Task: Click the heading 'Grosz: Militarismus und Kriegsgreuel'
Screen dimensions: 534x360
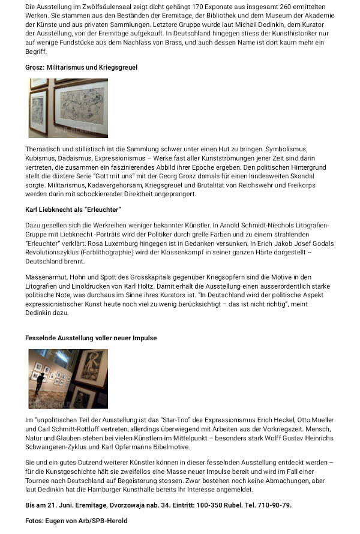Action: (x=82, y=67)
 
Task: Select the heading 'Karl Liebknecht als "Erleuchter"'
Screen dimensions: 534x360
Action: (x=73, y=209)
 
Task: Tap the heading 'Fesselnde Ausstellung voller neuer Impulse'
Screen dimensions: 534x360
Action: (x=91, y=338)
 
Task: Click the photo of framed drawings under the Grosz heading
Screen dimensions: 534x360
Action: (x=68, y=108)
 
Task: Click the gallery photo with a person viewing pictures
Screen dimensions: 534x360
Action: (x=68, y=379)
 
